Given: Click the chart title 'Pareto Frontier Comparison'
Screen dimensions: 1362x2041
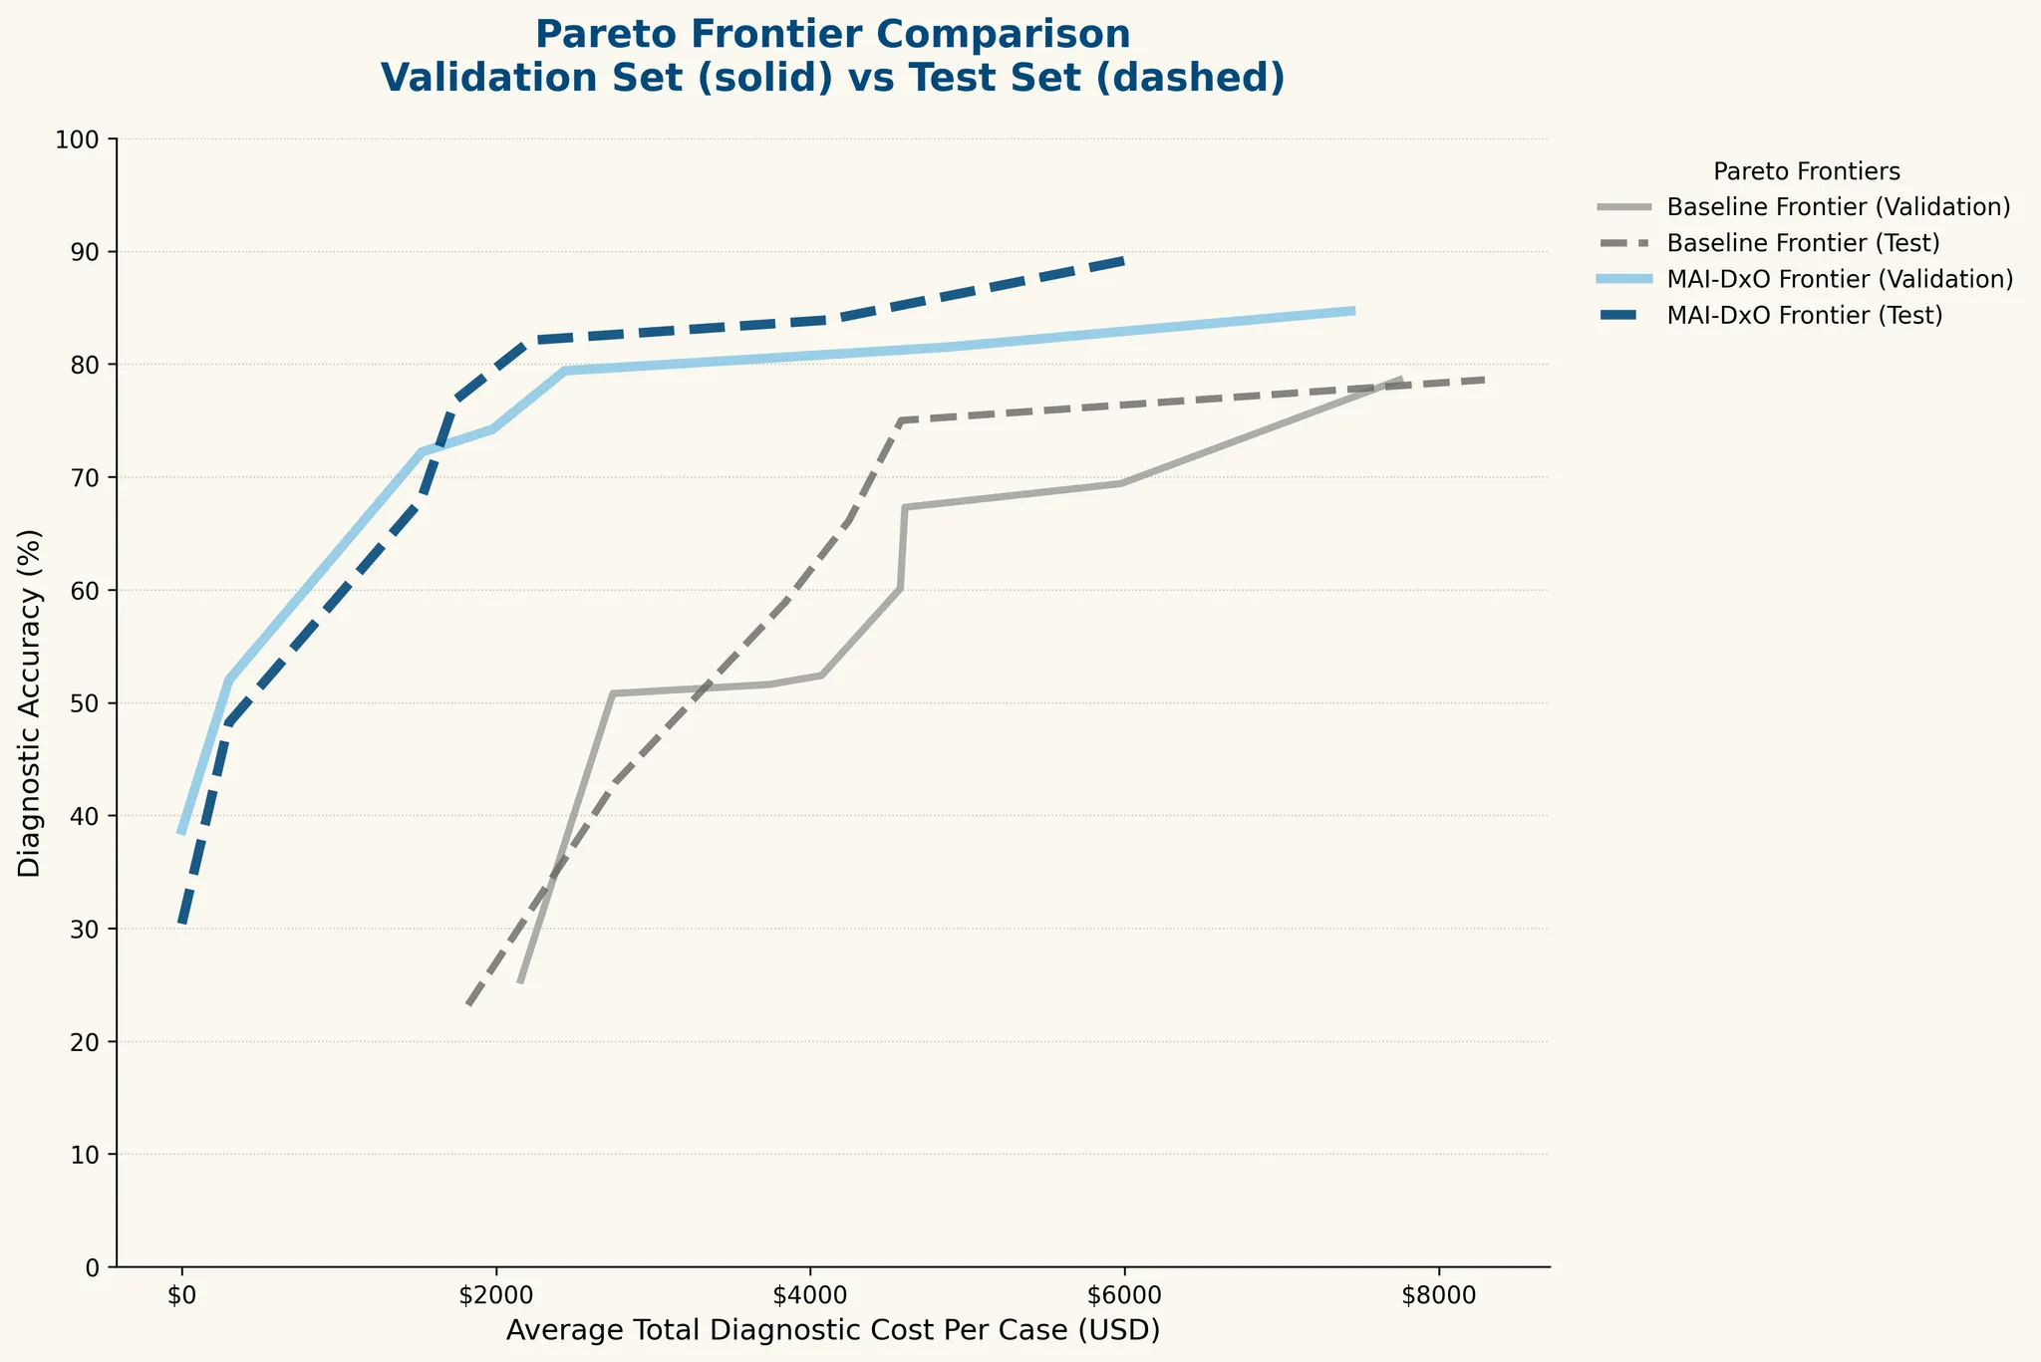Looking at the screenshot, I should tap(832, 35).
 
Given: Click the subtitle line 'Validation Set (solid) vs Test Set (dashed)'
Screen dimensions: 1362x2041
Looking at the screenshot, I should tap(832, 79).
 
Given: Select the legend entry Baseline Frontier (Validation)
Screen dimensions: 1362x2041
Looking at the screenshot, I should tap(1837, 207).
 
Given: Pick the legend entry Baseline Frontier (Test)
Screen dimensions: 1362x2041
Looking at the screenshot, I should tap(1802, 243).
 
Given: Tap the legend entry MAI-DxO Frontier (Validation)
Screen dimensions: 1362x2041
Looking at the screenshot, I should tap(1839, 279).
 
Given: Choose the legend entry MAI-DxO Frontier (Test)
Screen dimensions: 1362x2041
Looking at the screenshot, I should tap(1804, 315).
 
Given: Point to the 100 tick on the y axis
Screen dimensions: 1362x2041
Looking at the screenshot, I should tap(85, 139).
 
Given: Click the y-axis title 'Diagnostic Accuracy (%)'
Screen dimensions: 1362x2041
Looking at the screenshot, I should tap(31, 702).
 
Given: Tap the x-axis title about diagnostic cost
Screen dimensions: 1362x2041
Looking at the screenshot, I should tap(832, 1331).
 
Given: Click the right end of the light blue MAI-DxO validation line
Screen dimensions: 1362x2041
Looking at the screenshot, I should tap(1353, 311).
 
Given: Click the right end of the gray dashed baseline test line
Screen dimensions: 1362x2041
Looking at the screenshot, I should tap(1485, 380).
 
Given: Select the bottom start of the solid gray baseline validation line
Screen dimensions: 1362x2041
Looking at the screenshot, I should tap(520, 982).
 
